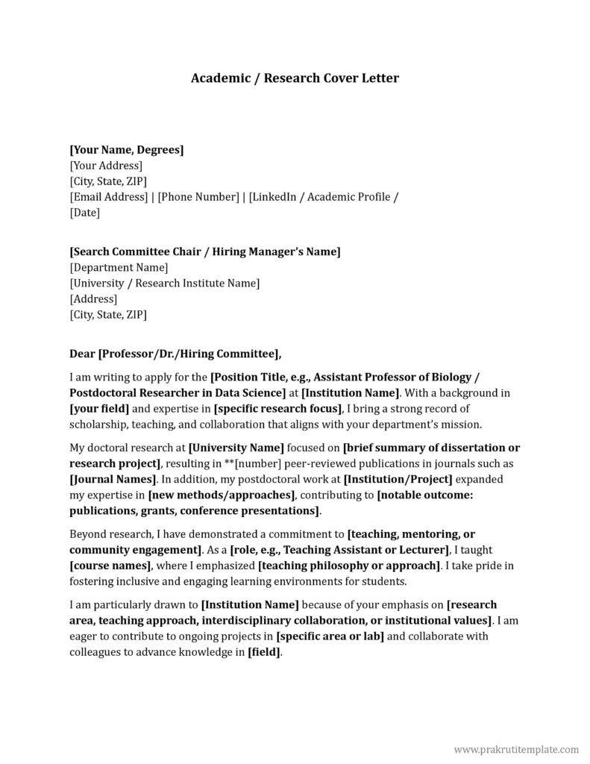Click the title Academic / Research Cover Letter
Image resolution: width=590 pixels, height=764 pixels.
pyautogui.click(x=295, y=78)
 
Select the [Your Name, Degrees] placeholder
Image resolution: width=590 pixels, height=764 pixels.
pyautogui.click(x=126, y=150)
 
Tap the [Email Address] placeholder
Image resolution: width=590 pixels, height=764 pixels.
pyautogui.click(x=108, y=197)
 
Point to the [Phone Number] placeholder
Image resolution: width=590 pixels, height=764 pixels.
pyautogui.click(x=198, y=197)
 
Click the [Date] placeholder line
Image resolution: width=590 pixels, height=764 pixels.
pyautogui.click(x=84, y=213)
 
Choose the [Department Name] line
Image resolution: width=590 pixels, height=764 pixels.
pyautogui.click(x=119, y=267)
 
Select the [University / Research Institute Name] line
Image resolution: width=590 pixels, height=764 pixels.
pyautogui.click(x=164, y=283)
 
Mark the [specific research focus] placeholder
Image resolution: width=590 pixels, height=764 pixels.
pyautogui.click(x=277, y=409)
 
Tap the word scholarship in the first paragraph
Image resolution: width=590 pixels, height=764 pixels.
pyautogui.click(x=97, y=425)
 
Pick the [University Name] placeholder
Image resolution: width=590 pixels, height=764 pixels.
pyautogui.click(x=236, y=448)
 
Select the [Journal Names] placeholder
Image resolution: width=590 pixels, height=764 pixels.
pyautogui.click(x=113, y=479)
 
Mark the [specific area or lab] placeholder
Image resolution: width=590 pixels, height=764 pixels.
pyautogui.click(x=330, y=636)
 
